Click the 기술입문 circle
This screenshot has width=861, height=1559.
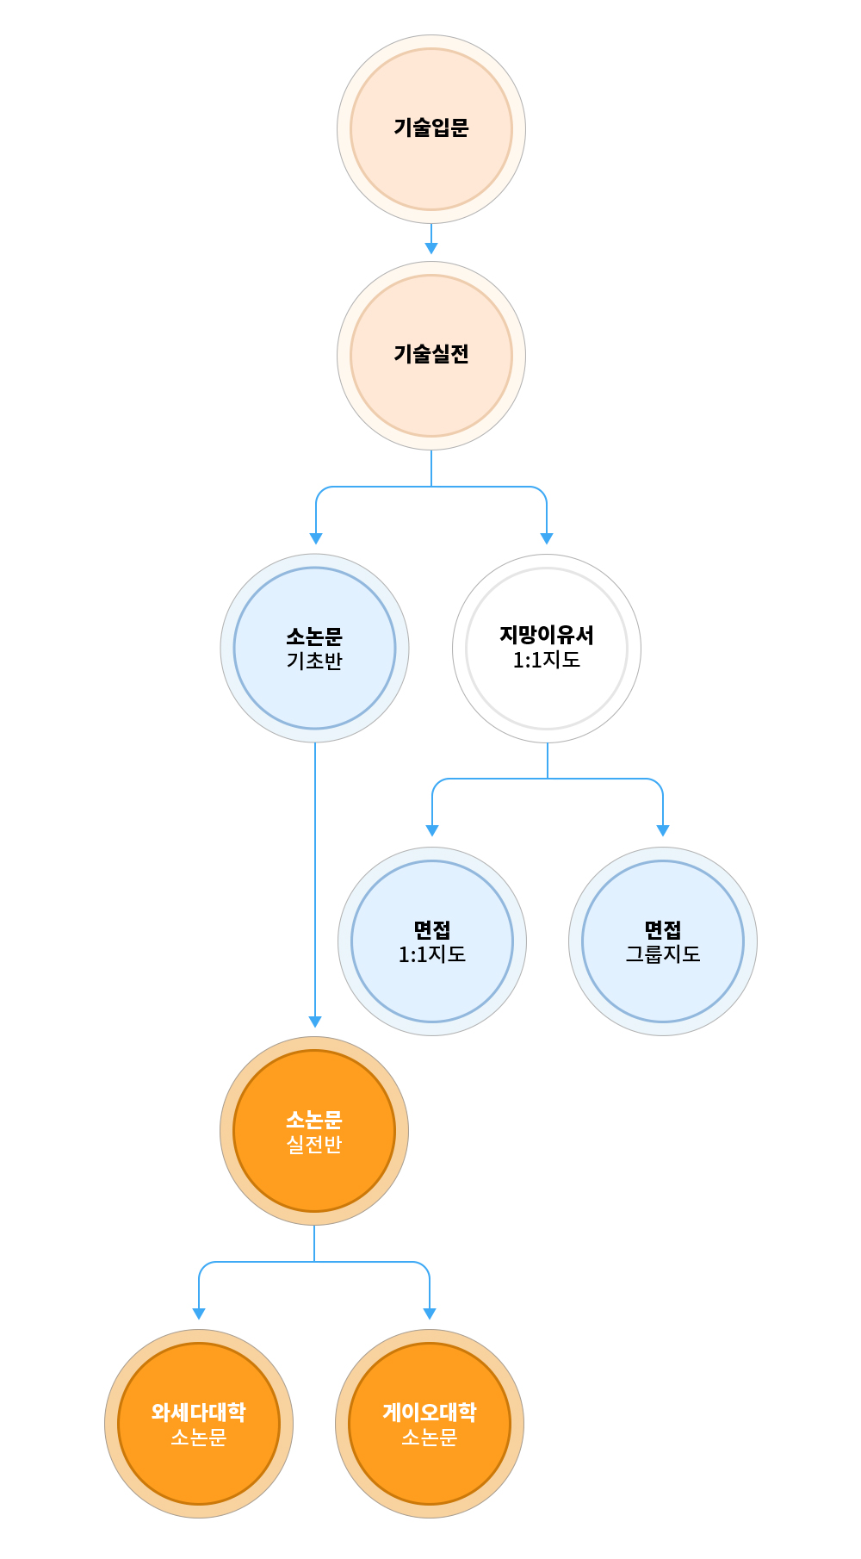[431, 129]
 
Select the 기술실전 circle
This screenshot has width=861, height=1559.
[431, 356]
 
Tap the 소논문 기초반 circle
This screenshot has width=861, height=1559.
[315, 649]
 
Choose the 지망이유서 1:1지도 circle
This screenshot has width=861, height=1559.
[547, 649]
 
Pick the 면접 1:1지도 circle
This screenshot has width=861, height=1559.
[432, 941]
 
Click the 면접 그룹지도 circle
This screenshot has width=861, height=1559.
[663, 941]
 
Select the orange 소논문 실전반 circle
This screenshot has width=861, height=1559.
[314, 1131]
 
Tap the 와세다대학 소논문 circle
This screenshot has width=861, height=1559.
[199, 1424]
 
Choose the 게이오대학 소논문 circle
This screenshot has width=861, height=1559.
[430, 1424]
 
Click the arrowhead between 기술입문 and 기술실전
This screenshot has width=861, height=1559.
[431, 248]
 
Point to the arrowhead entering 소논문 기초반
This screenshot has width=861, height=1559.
[316, 538]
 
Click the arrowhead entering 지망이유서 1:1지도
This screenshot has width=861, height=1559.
[547, 538]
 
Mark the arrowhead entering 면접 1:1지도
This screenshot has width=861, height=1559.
[432, 830]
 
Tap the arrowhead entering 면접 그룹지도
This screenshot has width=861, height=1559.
[663, 830]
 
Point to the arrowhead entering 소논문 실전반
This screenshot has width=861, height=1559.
[315, 1022]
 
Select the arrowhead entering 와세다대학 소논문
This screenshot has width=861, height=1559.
[199, 1314]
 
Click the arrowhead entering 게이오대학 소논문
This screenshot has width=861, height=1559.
[430, 1314]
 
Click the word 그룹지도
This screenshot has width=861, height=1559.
[663, 954]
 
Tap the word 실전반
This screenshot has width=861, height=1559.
[314, 1145]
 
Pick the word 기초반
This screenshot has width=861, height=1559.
[315, 661]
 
